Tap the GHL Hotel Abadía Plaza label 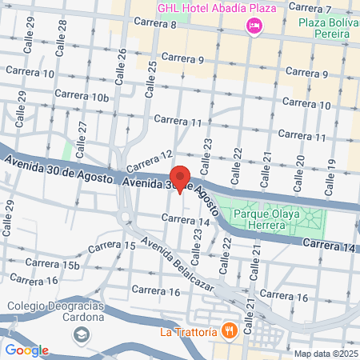point(205,8)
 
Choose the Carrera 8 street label point(154,26)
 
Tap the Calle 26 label point(122,62)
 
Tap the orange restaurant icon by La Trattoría point(228,330)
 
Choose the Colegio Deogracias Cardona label point(56,311)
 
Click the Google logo point(26,350)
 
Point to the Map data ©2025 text point(323,354)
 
